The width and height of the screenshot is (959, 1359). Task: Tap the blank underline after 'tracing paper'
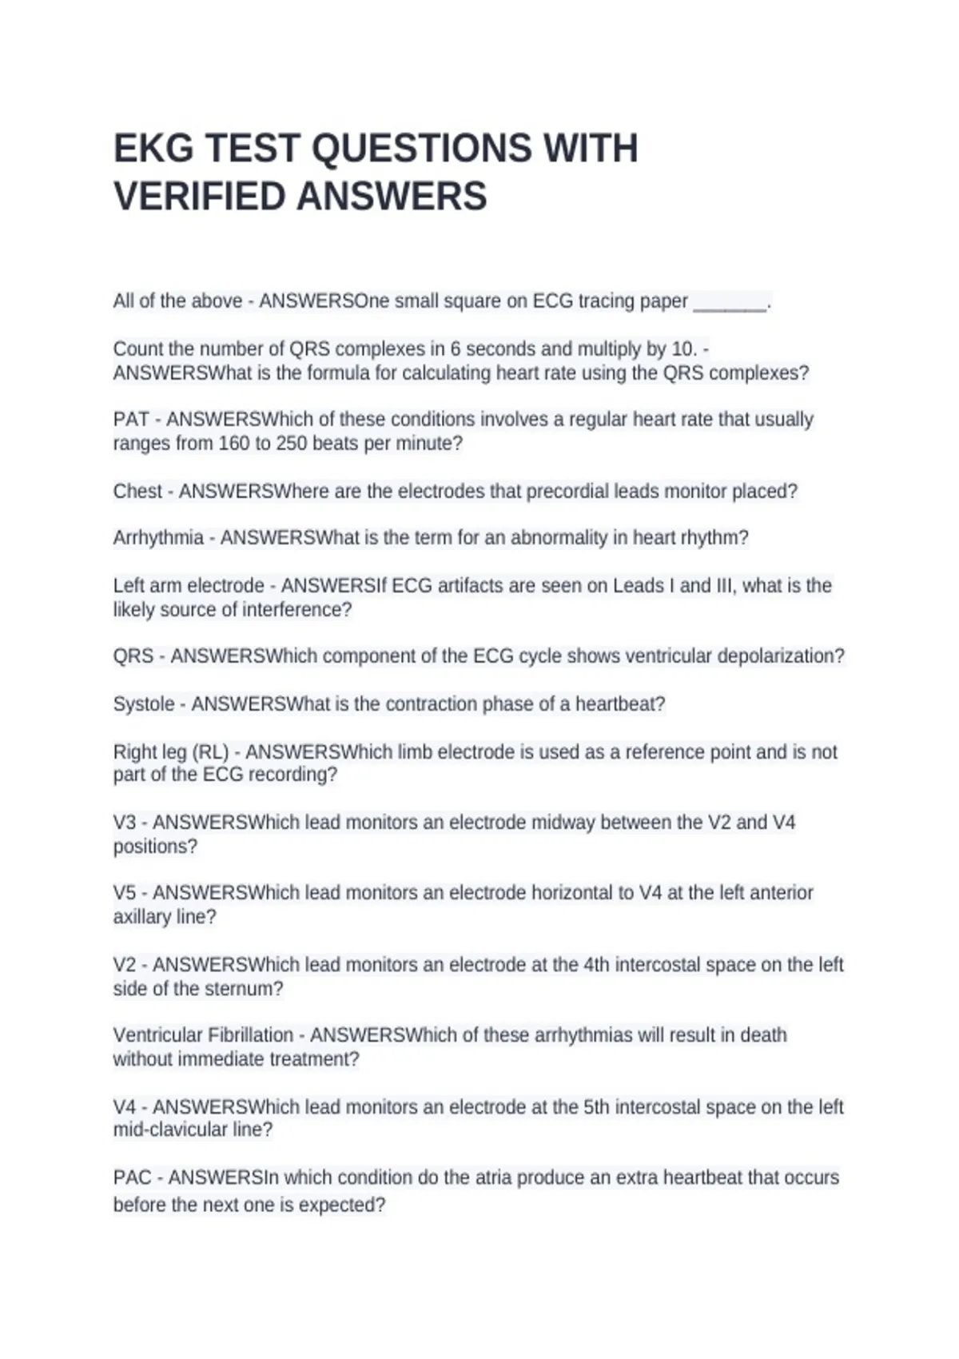(730, 302)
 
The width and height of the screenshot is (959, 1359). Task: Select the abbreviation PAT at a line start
(131, 420)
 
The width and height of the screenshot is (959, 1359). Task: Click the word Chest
(137, 491)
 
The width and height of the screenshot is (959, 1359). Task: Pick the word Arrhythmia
(158, 538)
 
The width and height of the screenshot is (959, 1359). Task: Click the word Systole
(144, 704)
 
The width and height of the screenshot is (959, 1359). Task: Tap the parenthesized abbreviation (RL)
(210, 752)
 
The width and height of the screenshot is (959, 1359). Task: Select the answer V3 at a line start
(125, 823)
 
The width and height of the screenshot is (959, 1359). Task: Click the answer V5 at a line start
(125, 893)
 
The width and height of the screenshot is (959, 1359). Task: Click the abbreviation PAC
(132, 1178)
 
